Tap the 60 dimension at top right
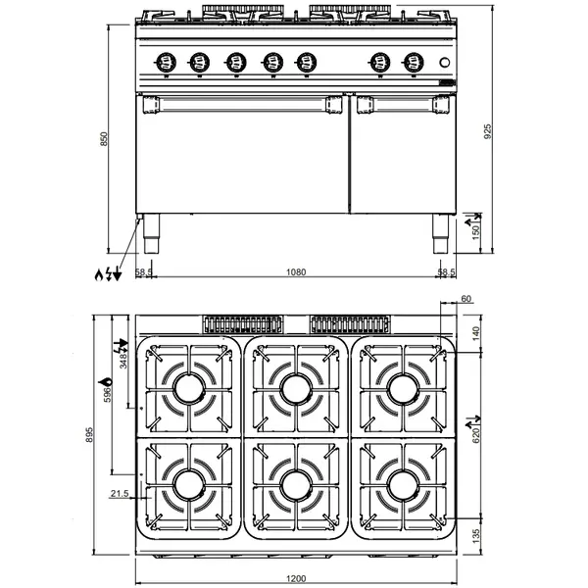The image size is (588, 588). tap(466, 299)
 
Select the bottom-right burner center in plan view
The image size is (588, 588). tap(402, 483)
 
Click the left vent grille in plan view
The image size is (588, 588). tap(242, 324)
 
